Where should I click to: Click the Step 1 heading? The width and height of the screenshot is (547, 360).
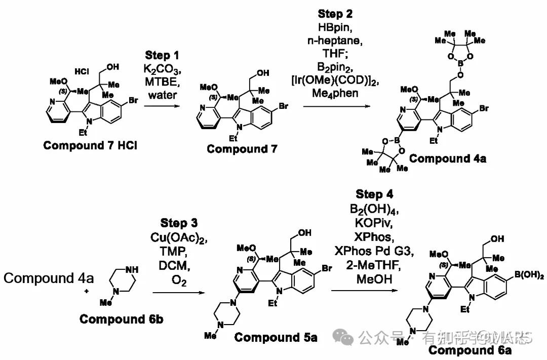(162, 55)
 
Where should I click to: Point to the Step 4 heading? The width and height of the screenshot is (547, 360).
(374, 194)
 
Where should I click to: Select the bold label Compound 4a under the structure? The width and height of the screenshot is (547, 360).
(448, 158)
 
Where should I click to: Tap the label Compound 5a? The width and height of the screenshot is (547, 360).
(276, 337)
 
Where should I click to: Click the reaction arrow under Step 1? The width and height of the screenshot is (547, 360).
(162, 107)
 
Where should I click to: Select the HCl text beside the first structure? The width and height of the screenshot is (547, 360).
(82, 71)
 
